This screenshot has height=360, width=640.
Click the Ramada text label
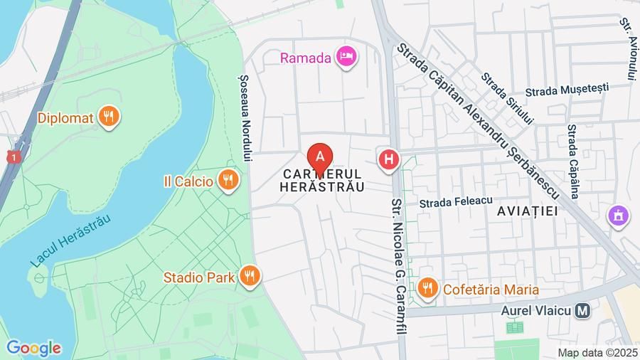tap(305, 58)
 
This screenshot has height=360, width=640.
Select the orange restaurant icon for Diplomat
tap(109, 117)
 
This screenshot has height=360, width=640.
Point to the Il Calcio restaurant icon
tap(228, 181)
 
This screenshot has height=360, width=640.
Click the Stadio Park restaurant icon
tap(249, 275)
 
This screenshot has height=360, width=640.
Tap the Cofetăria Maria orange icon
tap(427, 289)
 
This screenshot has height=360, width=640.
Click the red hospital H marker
tap(388, 159)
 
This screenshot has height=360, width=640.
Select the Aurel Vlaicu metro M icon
tap(583, 311)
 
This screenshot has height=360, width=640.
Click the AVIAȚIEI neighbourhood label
tap(526, 211)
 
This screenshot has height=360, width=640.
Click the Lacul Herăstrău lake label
tap(62, 240)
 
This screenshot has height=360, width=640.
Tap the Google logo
tap(33, 348)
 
